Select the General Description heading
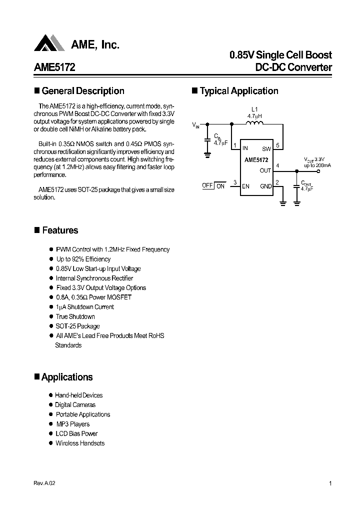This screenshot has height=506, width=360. (x=83, y=91)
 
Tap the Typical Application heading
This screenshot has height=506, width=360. (x=239, y=91)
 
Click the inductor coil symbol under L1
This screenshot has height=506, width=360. (x=255, y=124)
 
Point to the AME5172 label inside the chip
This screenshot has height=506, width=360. (x=256, y=160)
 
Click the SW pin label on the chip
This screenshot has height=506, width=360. (x=266, y=148)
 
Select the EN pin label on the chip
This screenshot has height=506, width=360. (x=245, y=186)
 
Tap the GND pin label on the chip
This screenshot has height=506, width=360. (x=265, y=186)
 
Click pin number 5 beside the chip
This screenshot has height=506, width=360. (x=277, y=145)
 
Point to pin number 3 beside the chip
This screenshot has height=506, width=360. (x=234, y=182)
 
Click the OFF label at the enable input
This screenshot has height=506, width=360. (x=207, y=185)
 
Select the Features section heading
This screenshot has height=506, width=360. (x=60, y=230)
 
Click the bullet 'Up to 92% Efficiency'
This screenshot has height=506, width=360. (x=83, y=259)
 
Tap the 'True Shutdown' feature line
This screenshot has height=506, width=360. (x=75, y=316)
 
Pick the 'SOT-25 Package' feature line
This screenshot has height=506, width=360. (x=77, y=326)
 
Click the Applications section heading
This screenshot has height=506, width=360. (x=67, y=377)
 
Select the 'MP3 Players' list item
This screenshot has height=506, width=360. (x=73, y=424)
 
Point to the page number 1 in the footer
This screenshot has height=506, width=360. (x=330, y=483)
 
